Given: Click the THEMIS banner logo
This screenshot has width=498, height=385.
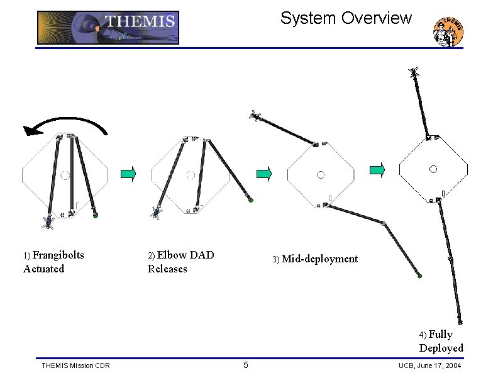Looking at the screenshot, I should coord(108,27).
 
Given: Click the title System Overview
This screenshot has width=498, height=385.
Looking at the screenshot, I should coord(346,18).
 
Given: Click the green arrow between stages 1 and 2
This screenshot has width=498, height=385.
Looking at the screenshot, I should coord(128,174).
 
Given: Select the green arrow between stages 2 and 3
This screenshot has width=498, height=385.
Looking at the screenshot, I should coord(264,174).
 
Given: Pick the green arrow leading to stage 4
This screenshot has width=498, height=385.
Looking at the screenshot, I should coord(377,169).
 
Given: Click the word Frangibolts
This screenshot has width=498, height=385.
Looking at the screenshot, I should coord(58,255).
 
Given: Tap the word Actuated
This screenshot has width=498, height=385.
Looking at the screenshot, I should coord(43,269).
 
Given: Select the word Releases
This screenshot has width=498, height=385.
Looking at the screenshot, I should coord(167,269).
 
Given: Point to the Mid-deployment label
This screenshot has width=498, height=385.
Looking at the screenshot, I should coord(319,259).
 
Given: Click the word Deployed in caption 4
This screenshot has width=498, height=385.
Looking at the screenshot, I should coord(441,348).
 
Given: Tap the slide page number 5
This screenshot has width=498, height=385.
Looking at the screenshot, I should coord(246,365).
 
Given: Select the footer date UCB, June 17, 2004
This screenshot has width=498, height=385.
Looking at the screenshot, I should coord(430,365).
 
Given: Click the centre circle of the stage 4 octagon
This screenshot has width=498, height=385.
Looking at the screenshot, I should coord(433,169).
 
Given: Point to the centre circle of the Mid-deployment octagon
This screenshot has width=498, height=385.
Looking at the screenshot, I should coord(321,174).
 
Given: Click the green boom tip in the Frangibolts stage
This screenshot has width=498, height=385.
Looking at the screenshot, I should coord(96,215).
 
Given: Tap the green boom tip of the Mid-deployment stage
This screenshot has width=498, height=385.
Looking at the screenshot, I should coord(419,276).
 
